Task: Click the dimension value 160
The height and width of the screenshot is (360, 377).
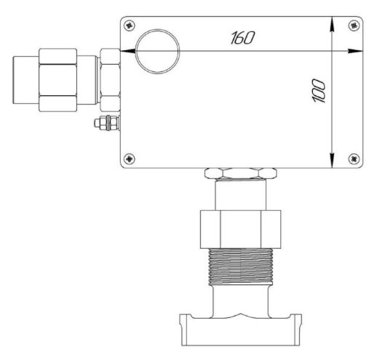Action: point(242,38)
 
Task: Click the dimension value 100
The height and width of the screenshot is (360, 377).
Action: point(318,91)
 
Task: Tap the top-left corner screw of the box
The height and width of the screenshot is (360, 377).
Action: point(130,25)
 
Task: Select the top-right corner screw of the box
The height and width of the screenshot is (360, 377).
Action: point(354,25)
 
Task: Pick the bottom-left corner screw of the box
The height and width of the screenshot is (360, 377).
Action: point(130,159)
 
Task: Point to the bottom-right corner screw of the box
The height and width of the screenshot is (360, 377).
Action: point(354,159)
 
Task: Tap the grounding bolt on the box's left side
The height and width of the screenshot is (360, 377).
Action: point(107,123)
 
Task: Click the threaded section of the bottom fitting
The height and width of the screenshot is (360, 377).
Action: point(240,266)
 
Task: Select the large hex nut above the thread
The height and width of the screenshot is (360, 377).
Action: point(240,229)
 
